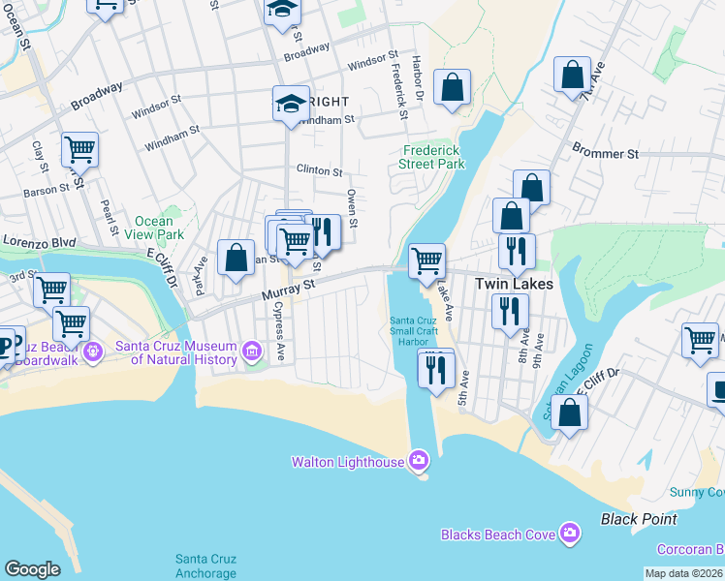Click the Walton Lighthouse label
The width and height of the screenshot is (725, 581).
[348, 462]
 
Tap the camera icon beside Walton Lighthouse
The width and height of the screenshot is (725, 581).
[418, 459]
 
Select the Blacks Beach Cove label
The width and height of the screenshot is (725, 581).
[498, 534]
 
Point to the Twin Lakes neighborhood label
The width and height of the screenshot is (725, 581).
[514, 285]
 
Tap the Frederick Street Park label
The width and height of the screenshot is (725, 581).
[431, 157]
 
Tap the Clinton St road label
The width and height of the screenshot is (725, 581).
[319, 171]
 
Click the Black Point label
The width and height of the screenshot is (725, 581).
[639, 519]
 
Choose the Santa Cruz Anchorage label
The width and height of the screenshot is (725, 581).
[205, 566]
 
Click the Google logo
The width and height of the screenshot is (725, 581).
[32, 569]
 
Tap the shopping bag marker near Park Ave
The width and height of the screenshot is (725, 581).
[236, 258]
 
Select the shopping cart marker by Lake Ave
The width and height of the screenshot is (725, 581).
[426, 260]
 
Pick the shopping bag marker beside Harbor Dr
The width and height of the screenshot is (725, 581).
[452, 88]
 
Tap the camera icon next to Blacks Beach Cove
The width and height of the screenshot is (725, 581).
[570, 533]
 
